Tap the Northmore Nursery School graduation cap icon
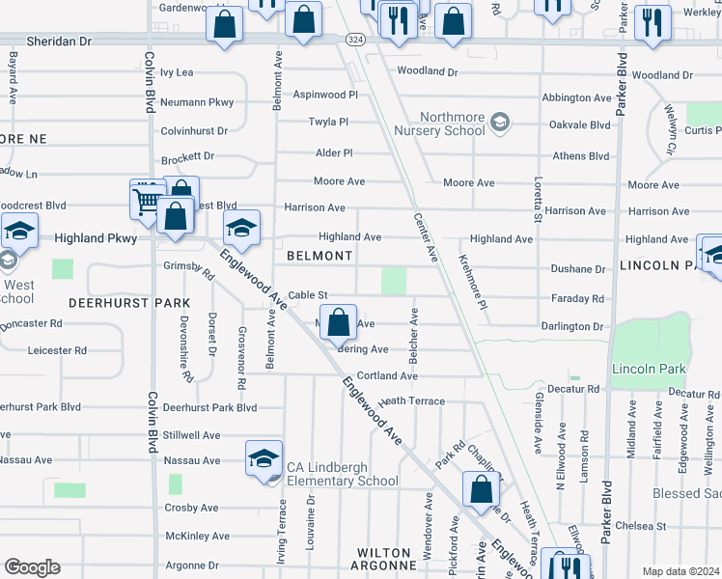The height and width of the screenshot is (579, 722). pyautogui.click(x=500, y=123)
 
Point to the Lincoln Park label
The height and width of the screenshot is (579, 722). pyautogui.click(x=648, y=370)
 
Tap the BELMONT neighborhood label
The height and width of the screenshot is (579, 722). pyautogui.click(x=319, y=256)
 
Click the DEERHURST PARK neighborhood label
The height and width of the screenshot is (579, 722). pyautogui.click(x=129, y=303)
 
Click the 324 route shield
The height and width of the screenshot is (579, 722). pyautogui.click(x=355, y=39)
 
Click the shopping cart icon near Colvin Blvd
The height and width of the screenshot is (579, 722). pyautogui.click(x=146, y=200)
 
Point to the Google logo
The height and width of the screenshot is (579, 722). pyautogui.click(x=31, y=567)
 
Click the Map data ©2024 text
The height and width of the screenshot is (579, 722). pyautogui.click(x=680, y=571)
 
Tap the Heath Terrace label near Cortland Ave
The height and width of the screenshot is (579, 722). pyautogui.click(x=411, y=401)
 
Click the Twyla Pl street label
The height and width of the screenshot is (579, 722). pyautogui.click(x=328, y=122)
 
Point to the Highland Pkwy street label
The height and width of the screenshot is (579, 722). pyautogui.click(x=96, y=237)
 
